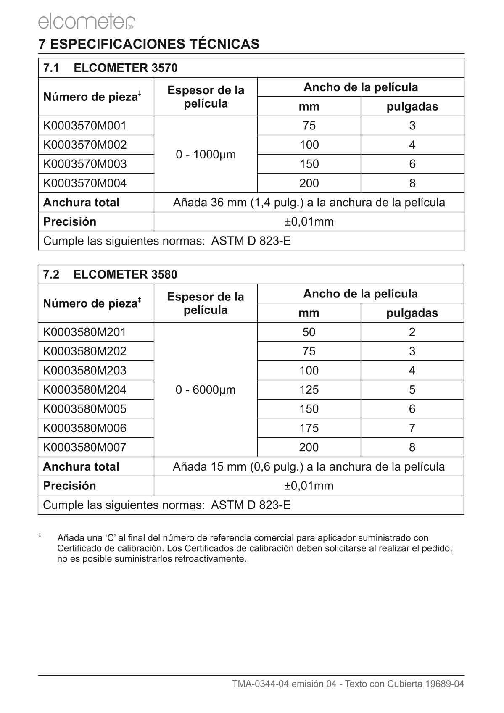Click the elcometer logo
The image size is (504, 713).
tap(86, 21)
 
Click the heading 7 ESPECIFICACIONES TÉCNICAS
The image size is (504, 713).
tap(149, 44)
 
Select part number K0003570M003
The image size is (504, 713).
tap(85, 164)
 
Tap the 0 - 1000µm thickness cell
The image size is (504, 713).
tap(206, 155)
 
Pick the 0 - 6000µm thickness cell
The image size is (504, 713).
tap(206, 390)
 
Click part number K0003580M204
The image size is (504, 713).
tap(84, 390)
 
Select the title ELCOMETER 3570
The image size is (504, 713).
tap(125, 68)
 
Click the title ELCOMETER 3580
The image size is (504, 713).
tap(125, 275)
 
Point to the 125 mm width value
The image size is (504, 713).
tap(309, 390)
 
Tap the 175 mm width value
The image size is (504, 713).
tap(309, 428)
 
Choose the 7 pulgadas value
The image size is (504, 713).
tap(412, 428)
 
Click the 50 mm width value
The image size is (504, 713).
tap(309, 332)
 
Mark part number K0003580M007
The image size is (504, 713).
tap(84, 447)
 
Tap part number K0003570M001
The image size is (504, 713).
tap(85, 126)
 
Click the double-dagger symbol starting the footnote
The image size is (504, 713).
tap(40, 535)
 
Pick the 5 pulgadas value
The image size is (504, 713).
tap(412, 390)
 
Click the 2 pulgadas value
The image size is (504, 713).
tap(412, 332)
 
